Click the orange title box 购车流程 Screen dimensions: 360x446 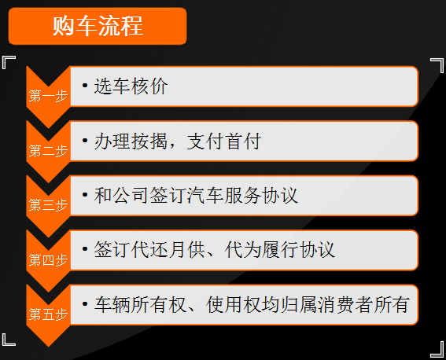click(98, 26)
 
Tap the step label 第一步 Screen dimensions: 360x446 click(48, 97)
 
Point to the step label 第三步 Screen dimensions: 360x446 click(48, 206)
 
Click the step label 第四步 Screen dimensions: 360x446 click(48, 260)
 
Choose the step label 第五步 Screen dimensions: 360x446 click(48, 315)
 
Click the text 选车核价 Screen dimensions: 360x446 click(131, 86)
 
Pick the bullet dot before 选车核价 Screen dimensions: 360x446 click(85, 86)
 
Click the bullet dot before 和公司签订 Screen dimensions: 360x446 click(85, 195)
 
